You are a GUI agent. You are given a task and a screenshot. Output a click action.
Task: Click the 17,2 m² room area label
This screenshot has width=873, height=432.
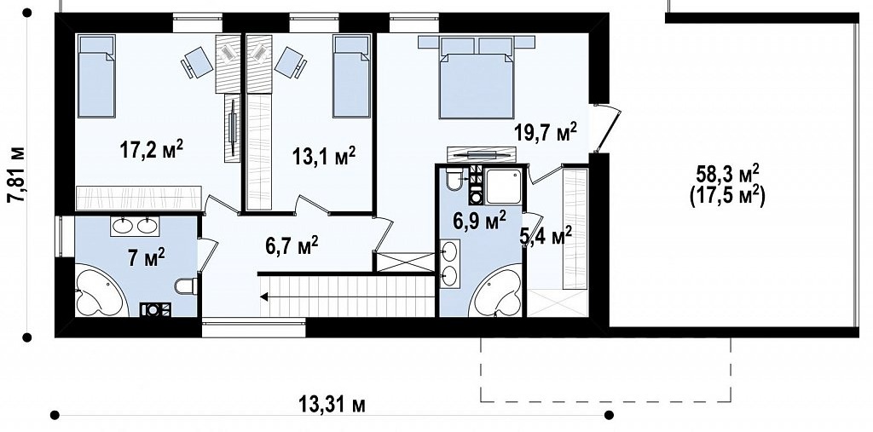152,150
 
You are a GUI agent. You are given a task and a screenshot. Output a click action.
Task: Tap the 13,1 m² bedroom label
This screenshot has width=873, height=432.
324,157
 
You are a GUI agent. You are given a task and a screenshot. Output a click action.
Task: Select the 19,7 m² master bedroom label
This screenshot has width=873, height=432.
545,132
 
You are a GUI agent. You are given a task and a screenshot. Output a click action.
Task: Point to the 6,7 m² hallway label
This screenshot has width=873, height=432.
292,245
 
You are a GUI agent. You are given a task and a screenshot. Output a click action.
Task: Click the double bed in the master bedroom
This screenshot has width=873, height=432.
477,78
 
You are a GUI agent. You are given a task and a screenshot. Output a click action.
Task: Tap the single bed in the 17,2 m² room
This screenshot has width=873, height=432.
96,76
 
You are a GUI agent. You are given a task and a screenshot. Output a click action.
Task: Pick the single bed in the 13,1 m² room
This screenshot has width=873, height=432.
351,76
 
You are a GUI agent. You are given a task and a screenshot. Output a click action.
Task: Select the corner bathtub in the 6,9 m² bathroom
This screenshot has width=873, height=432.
497,293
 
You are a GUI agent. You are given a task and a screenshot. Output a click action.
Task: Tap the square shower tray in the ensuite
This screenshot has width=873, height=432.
503,187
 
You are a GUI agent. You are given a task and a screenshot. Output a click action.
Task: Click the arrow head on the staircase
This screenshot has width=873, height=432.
264,297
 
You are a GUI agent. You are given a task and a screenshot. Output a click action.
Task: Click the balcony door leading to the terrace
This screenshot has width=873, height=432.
606,129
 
